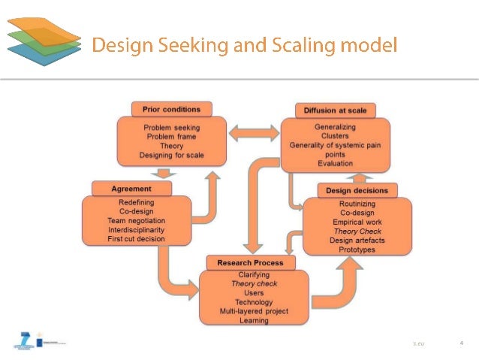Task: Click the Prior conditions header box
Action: point(171,110)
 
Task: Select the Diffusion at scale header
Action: point(335,110)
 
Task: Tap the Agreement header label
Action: point(131,189)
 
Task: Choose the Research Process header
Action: point(251,262)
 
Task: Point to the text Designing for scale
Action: point(171,156)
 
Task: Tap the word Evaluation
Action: point(335,163)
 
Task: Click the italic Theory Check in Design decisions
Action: point(357,231)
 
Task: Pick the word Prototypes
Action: point(357,250)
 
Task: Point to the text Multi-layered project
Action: point(254,311)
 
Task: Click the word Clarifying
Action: point(254,275)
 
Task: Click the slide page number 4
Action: point(461,343)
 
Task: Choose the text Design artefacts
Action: point(357,241)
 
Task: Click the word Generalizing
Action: point(335,128)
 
